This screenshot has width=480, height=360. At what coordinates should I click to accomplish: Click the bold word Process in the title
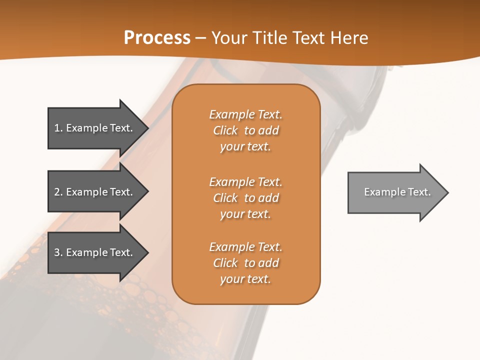point(157,38)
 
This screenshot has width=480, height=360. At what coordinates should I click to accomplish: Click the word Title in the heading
point(269,38)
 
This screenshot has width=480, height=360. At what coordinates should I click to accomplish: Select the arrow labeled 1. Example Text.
point(95,128)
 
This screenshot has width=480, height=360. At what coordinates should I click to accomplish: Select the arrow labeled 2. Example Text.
point(95,192)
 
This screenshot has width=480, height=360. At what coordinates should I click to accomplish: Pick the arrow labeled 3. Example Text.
point(95,252)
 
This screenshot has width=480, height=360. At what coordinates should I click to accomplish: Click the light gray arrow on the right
point(395,192)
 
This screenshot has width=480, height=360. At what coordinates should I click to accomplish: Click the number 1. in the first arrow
point(58,128)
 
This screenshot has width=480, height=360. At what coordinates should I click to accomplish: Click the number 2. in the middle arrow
point(58,192)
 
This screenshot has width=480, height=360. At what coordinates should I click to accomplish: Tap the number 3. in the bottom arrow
point(58,252)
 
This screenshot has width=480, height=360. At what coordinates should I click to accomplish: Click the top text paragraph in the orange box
point(245,130)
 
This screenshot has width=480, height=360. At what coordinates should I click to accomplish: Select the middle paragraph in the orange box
point(245,198)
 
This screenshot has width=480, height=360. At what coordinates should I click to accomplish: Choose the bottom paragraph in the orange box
point(245,263)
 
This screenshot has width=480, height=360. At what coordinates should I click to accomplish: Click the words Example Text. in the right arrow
point(397,192)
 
